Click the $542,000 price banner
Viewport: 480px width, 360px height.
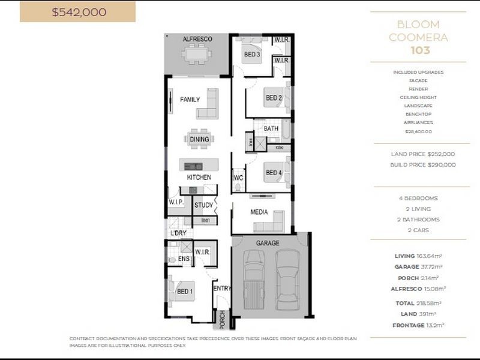pos(77,11)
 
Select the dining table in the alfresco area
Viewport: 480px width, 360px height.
pos(197,55)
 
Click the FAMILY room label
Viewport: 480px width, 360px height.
pos(190,100)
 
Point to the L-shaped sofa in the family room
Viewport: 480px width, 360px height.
pos(208,104)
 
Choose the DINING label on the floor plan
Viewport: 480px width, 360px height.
pos(199,139)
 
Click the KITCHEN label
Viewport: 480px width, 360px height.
pos(199,178)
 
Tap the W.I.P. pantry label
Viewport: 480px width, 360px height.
pos(176,202)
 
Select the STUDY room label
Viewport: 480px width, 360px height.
pos(204,205)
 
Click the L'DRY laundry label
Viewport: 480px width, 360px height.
pos(178,233)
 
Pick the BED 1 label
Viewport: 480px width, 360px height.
pos(185,292)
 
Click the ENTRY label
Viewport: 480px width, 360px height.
pos(222,289)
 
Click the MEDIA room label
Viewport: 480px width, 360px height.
pos(259,212)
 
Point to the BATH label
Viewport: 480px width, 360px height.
pos(271,128)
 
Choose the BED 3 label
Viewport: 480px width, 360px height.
pos(251,55)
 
